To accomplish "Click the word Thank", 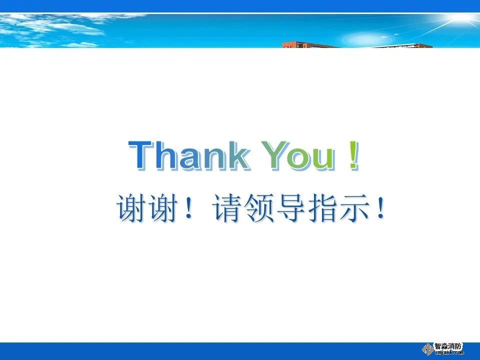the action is click(189, 155).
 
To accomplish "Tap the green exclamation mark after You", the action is click(353, 155).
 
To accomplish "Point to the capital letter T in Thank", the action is click(141, 155).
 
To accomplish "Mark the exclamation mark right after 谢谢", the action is click(189, 208).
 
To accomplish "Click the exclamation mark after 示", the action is click(380, 208).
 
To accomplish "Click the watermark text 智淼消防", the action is click(448, 346).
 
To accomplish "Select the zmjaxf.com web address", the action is click(449, 352).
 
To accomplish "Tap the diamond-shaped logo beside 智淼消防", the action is click(427, 349).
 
